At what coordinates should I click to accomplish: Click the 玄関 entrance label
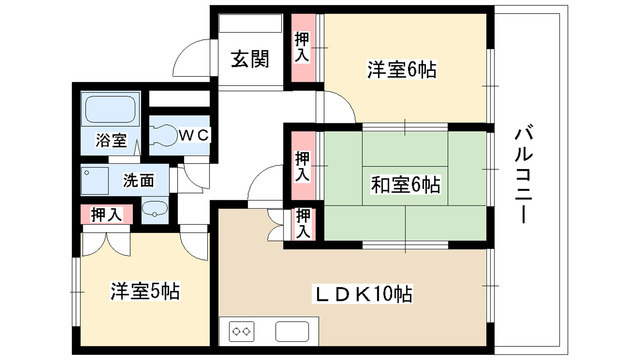(x=250, y=59)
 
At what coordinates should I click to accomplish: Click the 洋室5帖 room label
(x=145, y=293)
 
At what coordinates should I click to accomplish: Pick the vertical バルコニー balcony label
(x=522, y=173)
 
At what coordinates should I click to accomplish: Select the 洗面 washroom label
(x=138, y=182)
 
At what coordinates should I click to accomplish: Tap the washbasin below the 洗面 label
(x=153, y=209)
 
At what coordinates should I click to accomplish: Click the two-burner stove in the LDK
(x=243, y=331)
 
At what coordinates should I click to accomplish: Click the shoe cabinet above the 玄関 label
(x=250, y=26)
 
